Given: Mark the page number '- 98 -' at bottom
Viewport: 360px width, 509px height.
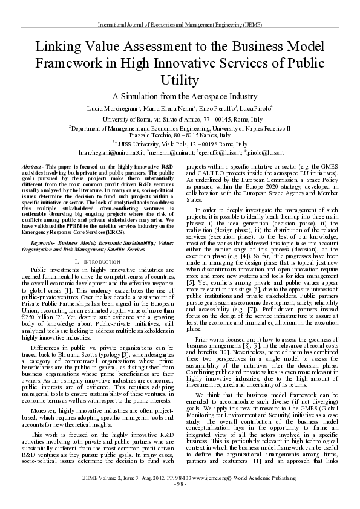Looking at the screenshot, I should (x=180, y=502).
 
